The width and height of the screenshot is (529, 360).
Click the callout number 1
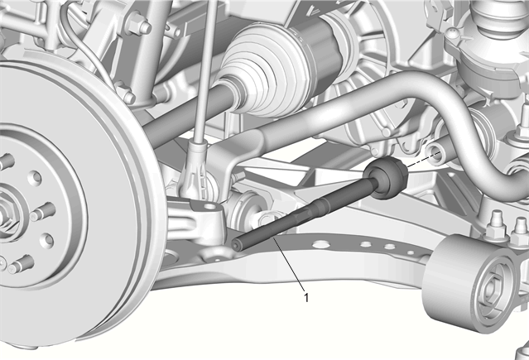point(306,298)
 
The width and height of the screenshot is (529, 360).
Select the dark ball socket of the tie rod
point(387,177)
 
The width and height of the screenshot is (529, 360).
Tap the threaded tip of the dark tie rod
point(236,244)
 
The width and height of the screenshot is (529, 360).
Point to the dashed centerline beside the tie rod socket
point(425,159)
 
